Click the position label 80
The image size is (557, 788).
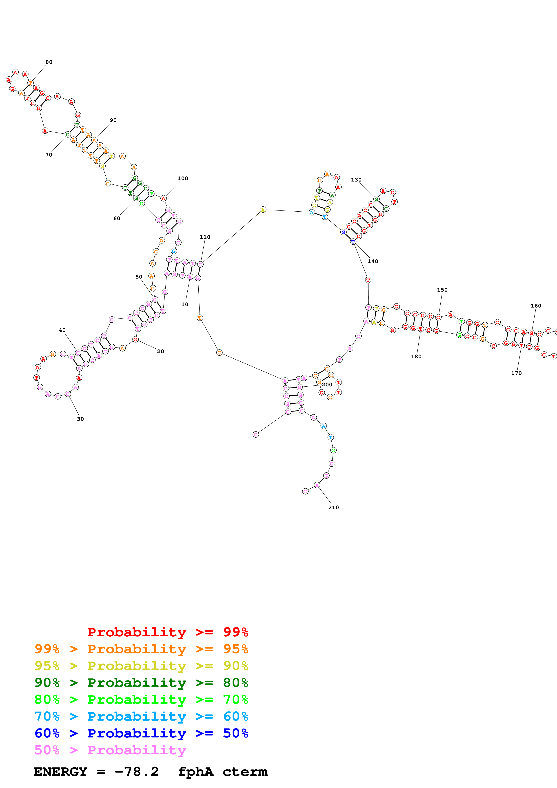(49, 62)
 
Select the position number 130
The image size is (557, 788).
(356, 180)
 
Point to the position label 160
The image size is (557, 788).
(536, 306)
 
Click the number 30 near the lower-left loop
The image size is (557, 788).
(80, 419)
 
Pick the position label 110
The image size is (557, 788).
(205, 237)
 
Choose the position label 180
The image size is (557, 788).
(416, 356)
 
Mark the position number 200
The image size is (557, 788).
(327, 385)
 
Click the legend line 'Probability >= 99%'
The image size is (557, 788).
(167, 632)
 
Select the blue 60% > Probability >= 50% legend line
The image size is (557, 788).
(141, 733)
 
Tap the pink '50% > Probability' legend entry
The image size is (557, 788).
(110, 750)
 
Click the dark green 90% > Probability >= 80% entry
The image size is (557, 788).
(141, 683)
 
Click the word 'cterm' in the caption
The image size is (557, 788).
(245, 772)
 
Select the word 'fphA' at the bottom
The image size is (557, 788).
(196, 772)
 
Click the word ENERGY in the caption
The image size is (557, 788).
(60, 772)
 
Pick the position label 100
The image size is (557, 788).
(183, 178)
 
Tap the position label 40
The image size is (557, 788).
(62, 330)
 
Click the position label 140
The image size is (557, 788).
(373, 261)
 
